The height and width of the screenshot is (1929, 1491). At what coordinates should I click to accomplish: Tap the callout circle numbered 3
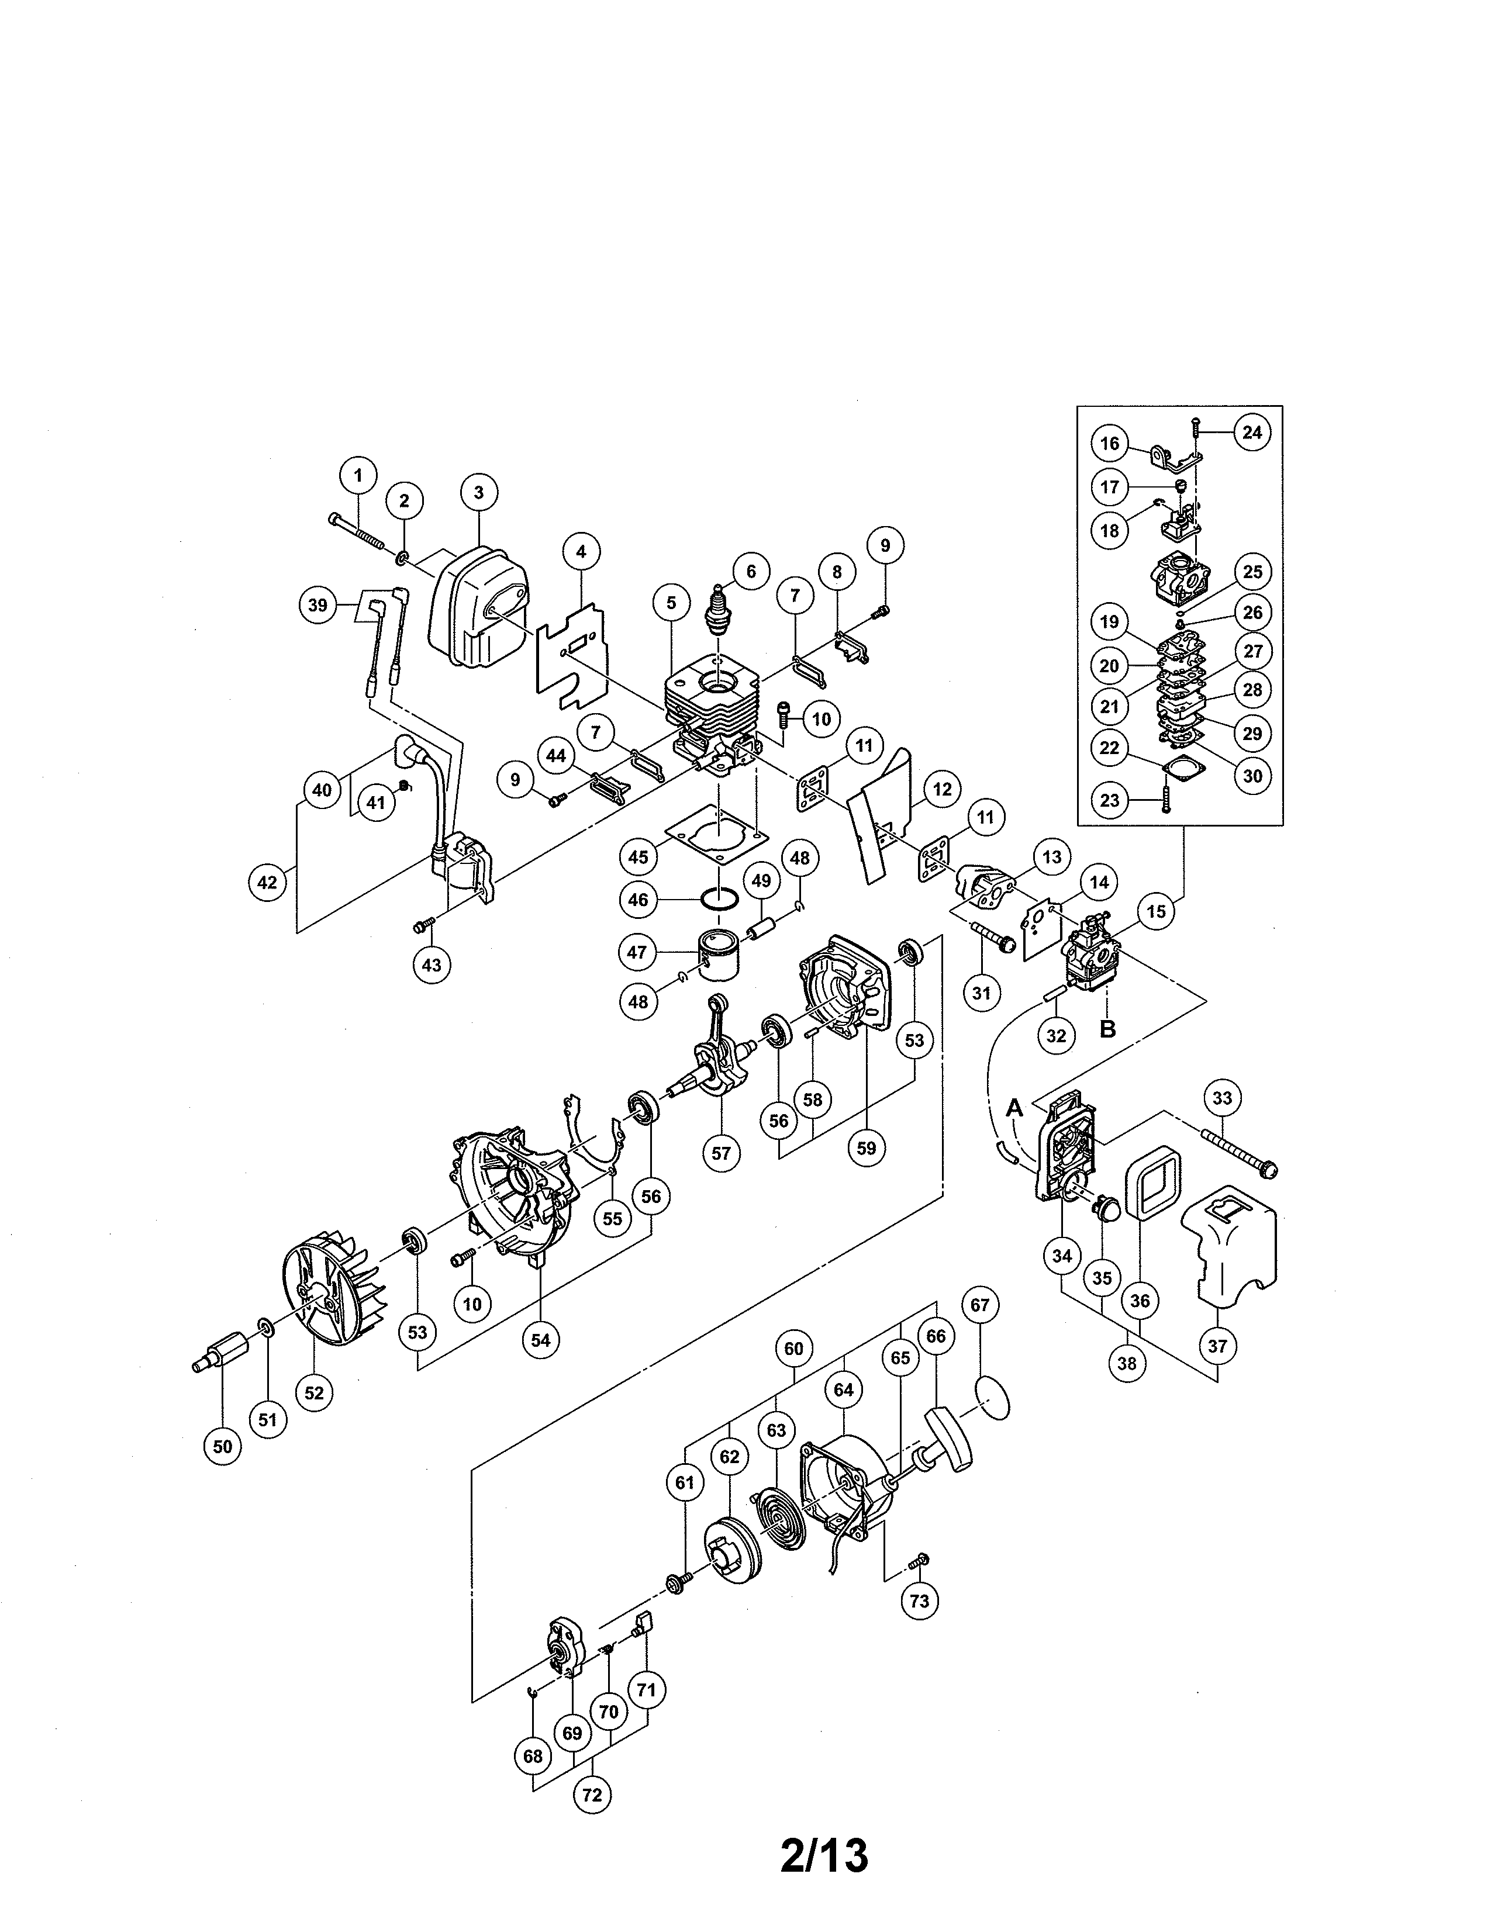pos(479,492)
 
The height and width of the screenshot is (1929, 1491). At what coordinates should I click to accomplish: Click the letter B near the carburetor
pos(1107,1028)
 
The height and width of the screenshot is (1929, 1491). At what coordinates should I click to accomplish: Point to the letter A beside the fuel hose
pos(1015,1107)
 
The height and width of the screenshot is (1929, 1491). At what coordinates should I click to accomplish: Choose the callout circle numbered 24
pos(1252,432)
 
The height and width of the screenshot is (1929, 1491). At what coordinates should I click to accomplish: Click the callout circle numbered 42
pos(268,881)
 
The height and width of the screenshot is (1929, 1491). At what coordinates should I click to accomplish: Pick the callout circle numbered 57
pos(722,1153)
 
